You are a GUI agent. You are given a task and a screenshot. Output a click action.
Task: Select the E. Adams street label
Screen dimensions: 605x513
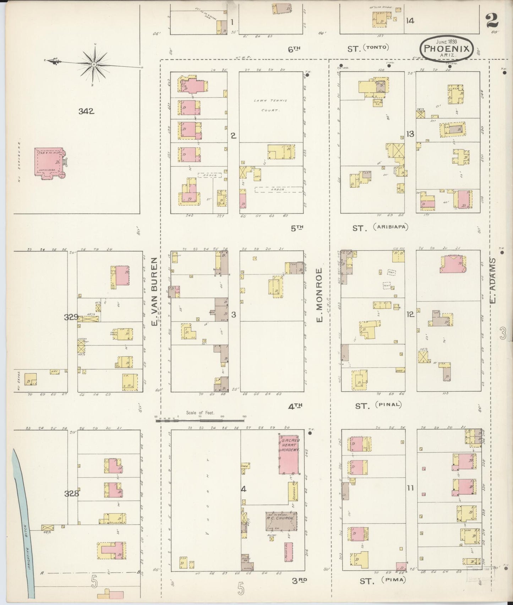point(493,281)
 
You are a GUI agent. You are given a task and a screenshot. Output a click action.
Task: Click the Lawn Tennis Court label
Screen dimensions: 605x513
point(271,105)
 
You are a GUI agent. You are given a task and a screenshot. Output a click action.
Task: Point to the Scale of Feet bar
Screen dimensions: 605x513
point(201,420)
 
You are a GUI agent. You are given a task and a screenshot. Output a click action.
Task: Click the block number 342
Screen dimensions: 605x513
point(86,111)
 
